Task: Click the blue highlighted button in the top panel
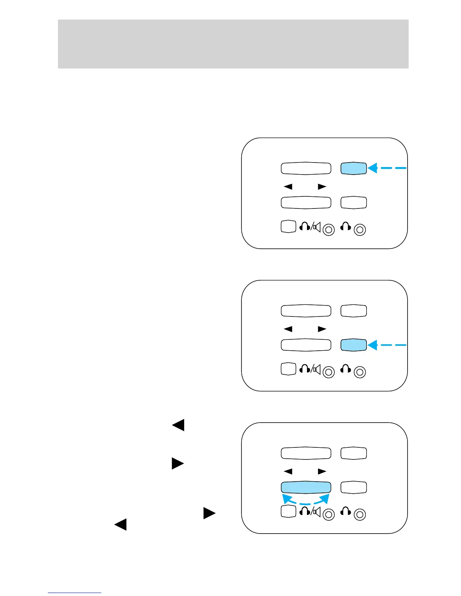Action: pos(353,169)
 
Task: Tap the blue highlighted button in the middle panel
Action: pos(353,345)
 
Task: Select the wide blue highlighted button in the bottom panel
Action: pos(306,487)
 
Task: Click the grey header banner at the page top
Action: pos(233,44)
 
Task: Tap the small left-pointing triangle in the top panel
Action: pos(288,187)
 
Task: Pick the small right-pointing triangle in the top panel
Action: pos(322,187)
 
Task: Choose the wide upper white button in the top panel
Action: pos(306,168)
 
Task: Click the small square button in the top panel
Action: pos(289,227)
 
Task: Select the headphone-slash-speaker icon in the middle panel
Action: pos(310,369)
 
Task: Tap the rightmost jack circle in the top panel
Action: pos(360,230)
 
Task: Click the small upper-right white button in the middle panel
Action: pos(353,311)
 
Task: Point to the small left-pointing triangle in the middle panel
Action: pos(288,329)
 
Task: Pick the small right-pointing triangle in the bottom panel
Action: pos(322,471)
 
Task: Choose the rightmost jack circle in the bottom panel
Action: pos(360,514)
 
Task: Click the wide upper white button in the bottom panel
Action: pos(306,453)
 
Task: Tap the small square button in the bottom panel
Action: pos(289,511)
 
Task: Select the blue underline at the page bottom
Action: pos(75,593)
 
